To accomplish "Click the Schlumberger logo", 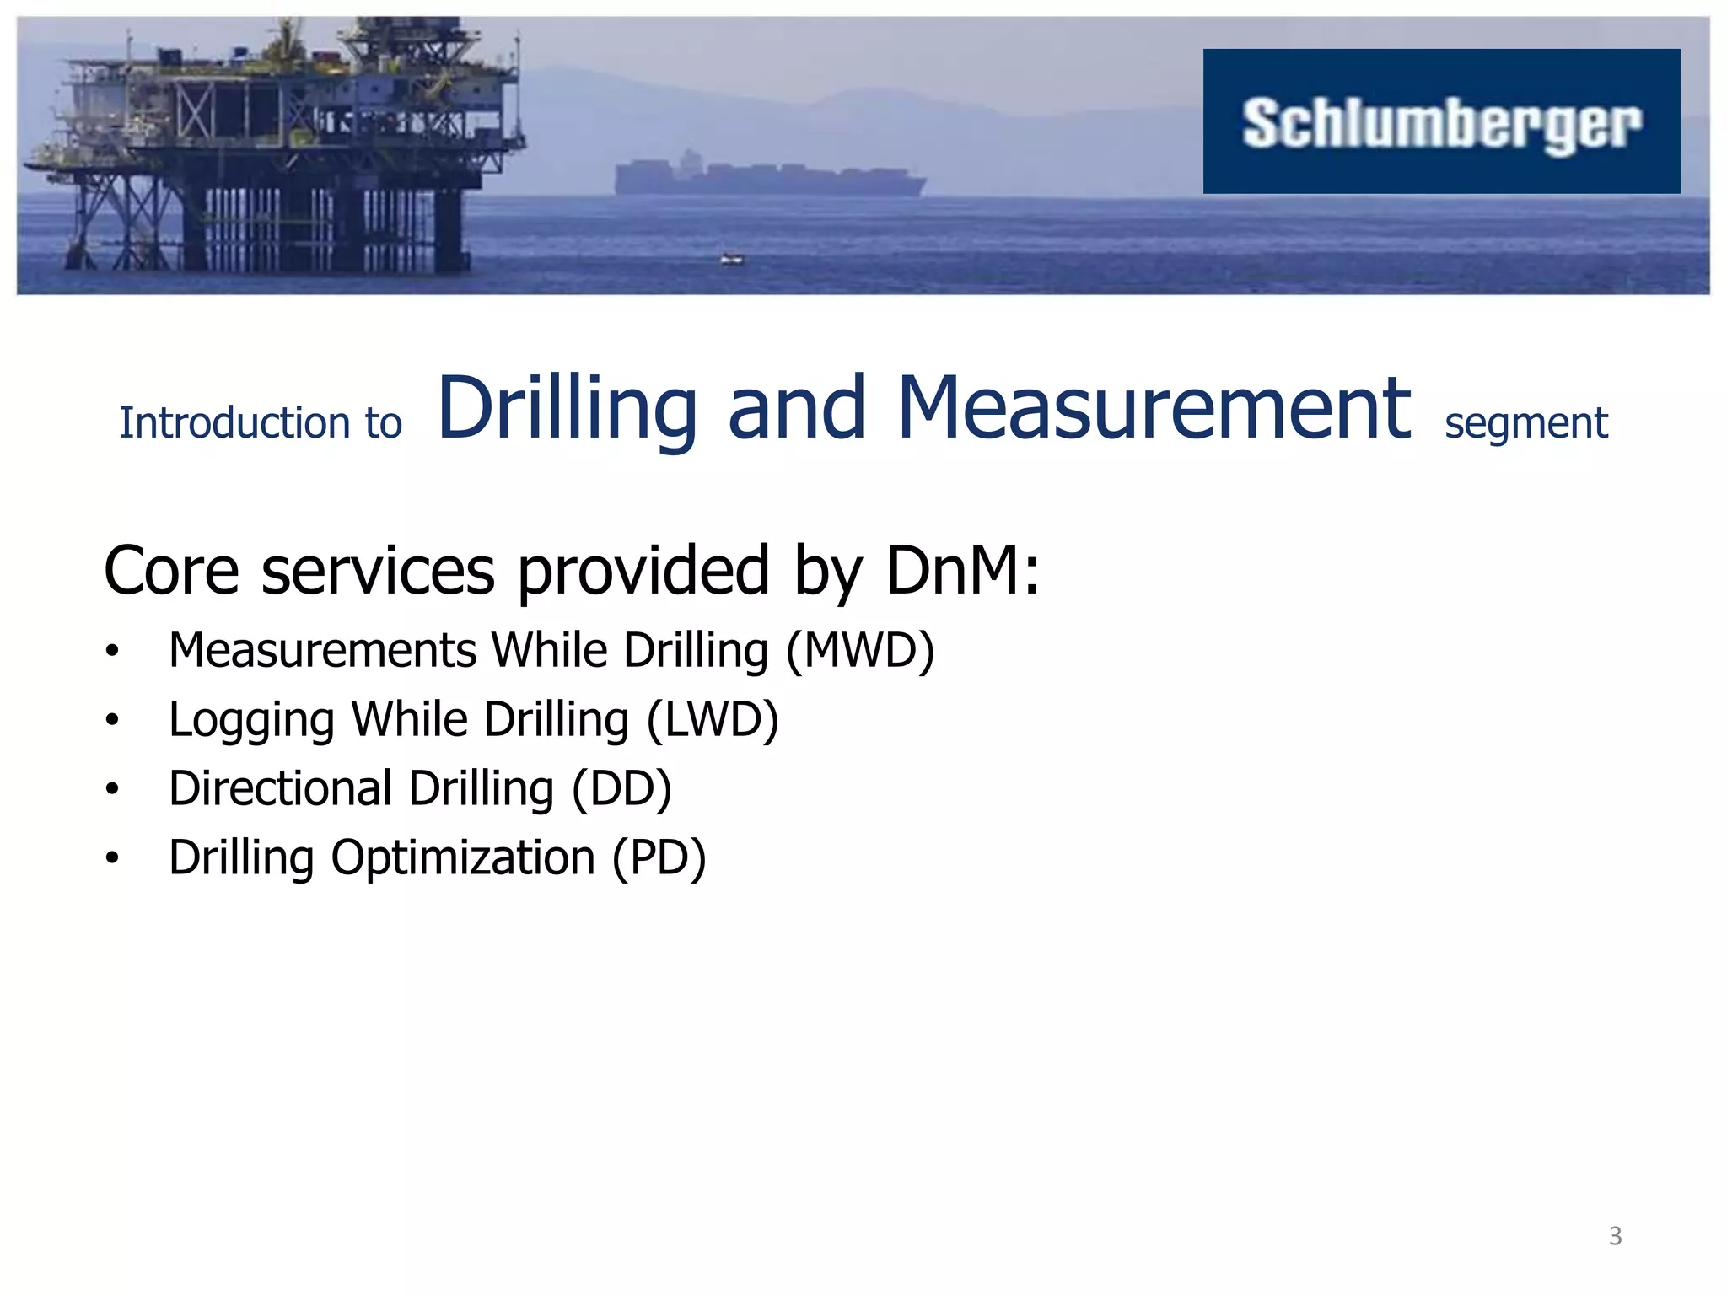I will point(1440,122).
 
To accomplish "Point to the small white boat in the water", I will point(732,260).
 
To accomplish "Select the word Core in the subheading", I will point(171,571).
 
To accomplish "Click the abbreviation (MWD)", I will point(860,651).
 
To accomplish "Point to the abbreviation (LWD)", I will point(713,720).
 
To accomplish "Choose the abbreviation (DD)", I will point(621,789).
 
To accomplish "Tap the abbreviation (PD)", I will point(659,858).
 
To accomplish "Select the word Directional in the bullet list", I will point(280,789).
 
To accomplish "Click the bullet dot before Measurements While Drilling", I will point(112,652).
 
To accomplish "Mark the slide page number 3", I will point(1615,1236).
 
